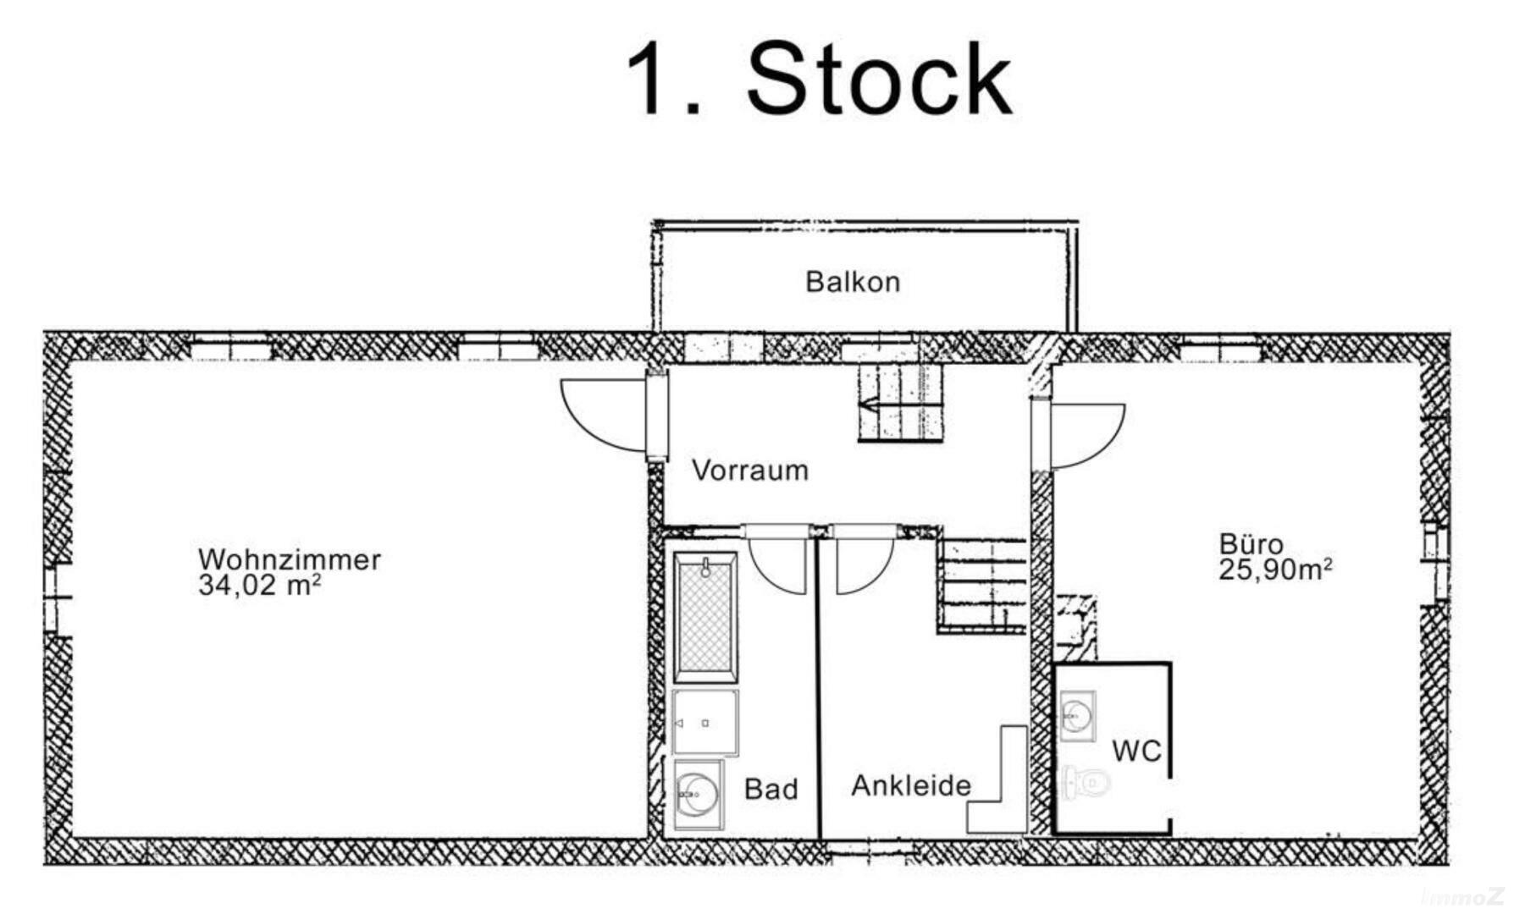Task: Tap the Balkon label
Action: [x=852, y=282]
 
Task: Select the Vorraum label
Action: [x=749, y=470]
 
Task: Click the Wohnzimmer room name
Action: [x=289, y=559]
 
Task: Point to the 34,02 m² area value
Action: [x=259, y=586]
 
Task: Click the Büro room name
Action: [x=1251, y=543]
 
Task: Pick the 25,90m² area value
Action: [x=1275, y=570]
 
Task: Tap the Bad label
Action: [x=771, y=790]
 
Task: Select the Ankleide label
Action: [x=910, y=786]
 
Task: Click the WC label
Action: [x=1136, y=751]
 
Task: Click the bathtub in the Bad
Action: [x=705, y=617]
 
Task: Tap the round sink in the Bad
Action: [x=699, y=795]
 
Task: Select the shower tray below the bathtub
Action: [x=705, y=723]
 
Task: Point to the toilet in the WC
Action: [x=1086, y=783]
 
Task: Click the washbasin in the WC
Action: [x=1077, y=716]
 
